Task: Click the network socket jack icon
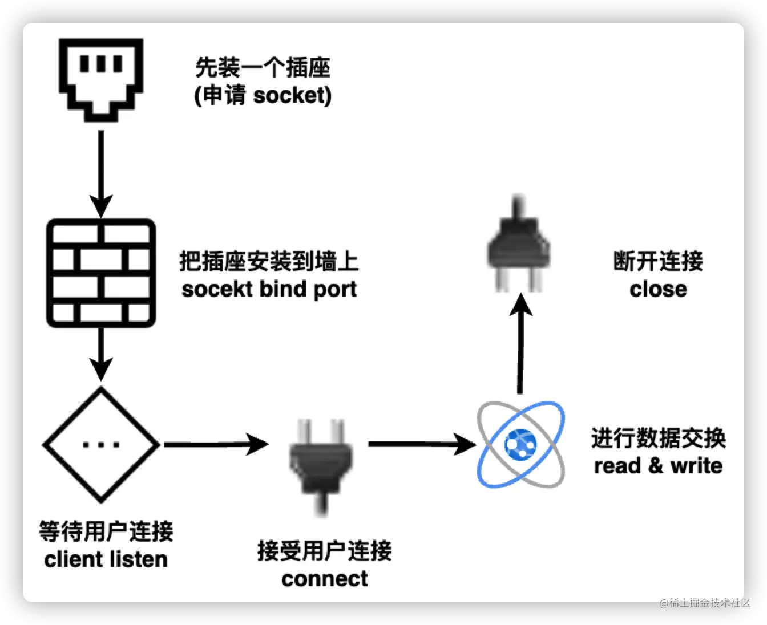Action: [x=101, y=79]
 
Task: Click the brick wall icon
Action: [x=101, y=273]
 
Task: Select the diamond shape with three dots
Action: [x=101, y=444]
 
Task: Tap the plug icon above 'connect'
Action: [x=321, y=465]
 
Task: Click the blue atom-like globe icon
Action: [x=520, y=444]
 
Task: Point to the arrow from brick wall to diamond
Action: [x=101, y=354]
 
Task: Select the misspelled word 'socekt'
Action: [x=217, y=289]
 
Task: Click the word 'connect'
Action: [x=324, y=579]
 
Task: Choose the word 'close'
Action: [x=658, y=289]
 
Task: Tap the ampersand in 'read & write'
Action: [x=656, y=465]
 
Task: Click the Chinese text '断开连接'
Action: [x=658, y=262]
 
